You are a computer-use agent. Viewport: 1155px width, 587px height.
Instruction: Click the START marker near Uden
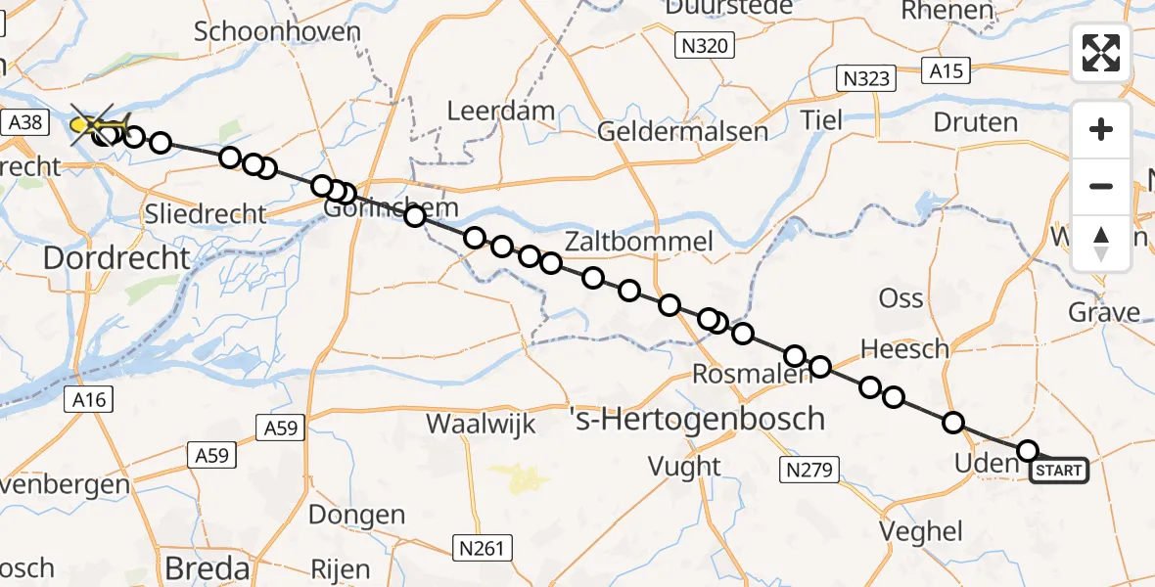1059,471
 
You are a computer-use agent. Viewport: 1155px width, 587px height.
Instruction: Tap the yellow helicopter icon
98,125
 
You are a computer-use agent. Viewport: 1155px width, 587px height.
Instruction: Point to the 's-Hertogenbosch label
697,420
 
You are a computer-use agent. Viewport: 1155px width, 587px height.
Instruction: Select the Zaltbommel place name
637,242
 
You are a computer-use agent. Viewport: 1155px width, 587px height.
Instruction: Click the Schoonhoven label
277,31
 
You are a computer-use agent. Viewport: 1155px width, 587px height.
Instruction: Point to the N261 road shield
484,547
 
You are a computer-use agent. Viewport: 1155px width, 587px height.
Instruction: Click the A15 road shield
947,70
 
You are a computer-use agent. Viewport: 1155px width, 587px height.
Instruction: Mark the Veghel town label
921,532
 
